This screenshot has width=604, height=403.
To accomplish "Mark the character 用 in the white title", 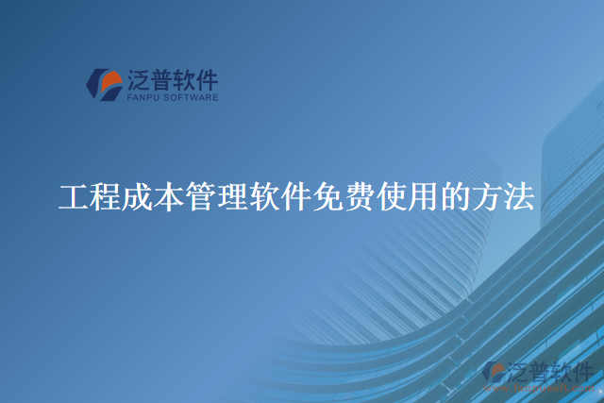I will pos(422,197).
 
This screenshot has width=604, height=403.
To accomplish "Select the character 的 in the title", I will pos(454,197).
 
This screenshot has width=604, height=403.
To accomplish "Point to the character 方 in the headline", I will pos(486,197).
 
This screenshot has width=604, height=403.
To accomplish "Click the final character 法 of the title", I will pos(518,197).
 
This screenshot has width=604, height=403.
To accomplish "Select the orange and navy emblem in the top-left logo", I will pos(102,83).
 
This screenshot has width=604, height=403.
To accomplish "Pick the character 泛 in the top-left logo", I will pos(137,79).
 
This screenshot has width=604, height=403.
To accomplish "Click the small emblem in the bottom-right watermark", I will pos(494,375).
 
